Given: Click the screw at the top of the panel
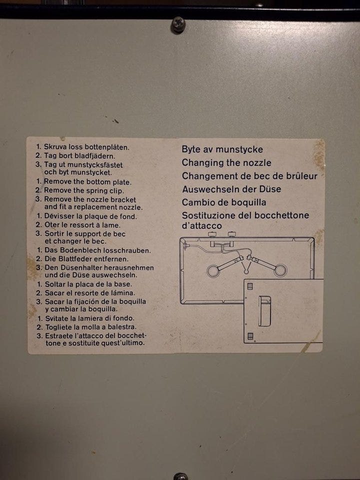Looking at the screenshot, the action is [x=178, y=24].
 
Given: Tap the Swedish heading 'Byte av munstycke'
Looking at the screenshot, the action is [x=222, y=149].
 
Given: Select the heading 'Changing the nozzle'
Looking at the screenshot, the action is [x=226, y=162].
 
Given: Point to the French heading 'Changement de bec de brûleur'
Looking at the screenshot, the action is [x=249, y=176].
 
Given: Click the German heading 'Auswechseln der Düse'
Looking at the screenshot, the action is [x=231, y=189].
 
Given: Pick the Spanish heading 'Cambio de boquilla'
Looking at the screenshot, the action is [x=224, y=202].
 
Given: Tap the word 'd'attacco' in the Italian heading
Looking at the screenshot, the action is [x=201, y=225].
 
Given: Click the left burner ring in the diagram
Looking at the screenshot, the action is [x=213, y=271].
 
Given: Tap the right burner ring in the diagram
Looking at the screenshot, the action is [x=280, y=270].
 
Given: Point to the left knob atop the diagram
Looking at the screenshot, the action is [x=212, y=234].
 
